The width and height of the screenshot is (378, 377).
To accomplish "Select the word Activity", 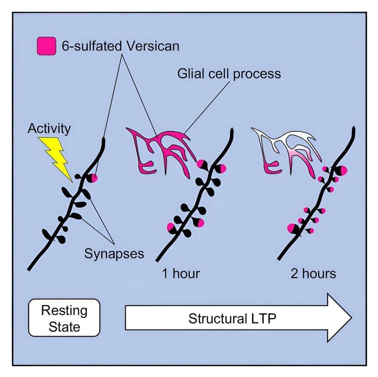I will pos(49,128).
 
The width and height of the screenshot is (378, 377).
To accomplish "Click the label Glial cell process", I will pos(229,73).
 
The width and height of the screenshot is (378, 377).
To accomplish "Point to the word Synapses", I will pos(114,253).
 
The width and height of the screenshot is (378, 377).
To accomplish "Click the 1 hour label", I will pos(181,273).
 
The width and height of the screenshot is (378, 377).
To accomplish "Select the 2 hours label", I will pos(313,273).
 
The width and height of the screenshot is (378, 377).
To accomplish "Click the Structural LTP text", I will pos(232,318).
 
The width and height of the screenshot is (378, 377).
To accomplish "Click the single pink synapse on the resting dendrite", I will pos(94,177).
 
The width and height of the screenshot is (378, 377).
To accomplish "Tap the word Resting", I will pos(64,310).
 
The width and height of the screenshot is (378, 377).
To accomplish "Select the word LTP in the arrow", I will pos(263,318).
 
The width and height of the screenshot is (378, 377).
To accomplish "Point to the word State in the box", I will pos(64,326).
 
